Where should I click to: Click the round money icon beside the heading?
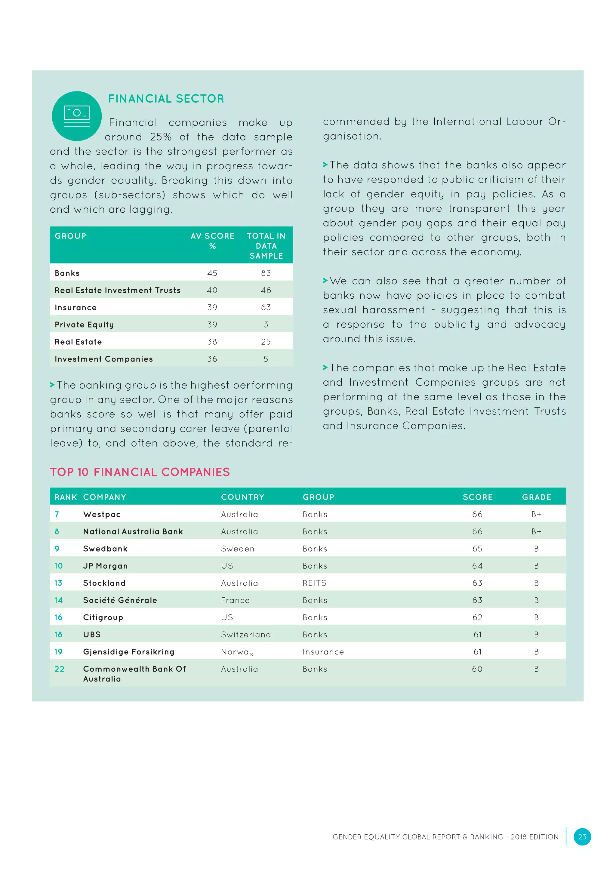tap(77, 116)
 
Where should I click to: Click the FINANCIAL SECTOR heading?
tap(166, 99)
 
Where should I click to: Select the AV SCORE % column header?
tap(212, 241)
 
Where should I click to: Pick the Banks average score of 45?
tap(212, 273)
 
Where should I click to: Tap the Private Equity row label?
tap(84, 325)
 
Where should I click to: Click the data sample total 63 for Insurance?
tap(266, 307)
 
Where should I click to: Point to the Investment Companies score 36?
tap(212, 359)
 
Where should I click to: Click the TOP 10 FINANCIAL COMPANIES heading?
tap(140, 472)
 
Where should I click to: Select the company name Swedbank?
tap(105, 549)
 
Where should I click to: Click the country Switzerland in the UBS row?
tap(246, 635)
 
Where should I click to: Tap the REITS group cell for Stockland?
tap(314, 583)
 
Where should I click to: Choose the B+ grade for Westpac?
tap(536, 514)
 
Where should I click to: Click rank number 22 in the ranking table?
tap(60, 669)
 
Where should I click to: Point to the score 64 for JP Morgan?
tap(477, 566)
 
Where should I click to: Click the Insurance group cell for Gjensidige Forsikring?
tap(323, 652)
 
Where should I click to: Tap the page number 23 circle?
tap(582, 837)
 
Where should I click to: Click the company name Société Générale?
tap(120, 600)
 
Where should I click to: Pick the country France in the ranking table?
tap(235, 600)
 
